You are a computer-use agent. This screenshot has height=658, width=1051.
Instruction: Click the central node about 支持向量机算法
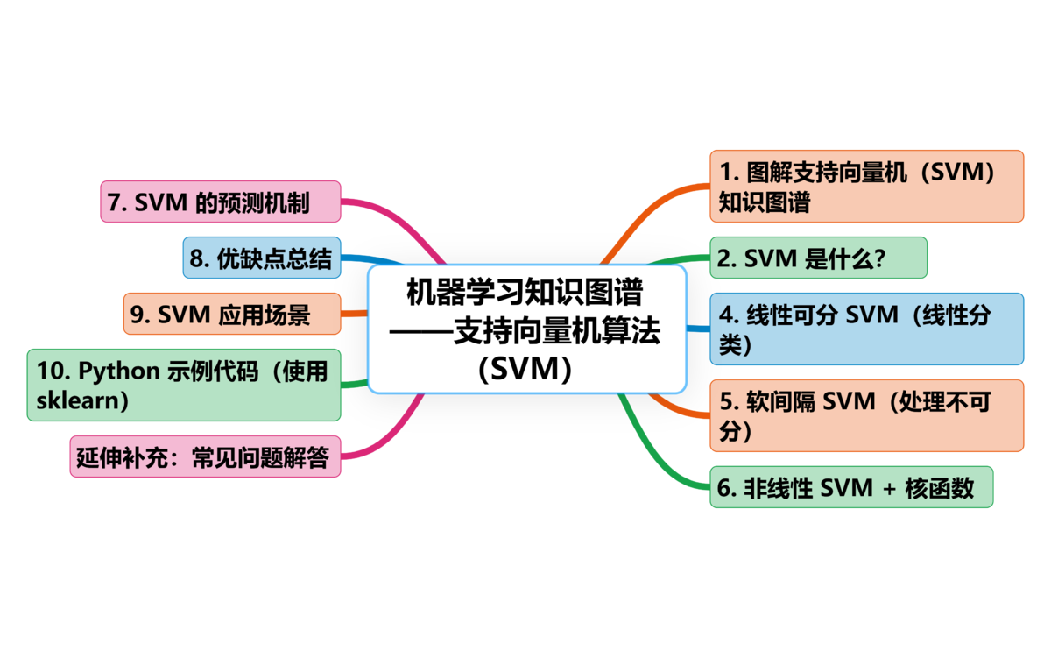526,329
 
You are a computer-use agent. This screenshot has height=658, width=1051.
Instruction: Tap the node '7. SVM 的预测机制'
219,202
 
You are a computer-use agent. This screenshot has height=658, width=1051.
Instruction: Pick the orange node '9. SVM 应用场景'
231,314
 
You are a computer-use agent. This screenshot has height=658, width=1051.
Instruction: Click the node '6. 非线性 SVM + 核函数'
850,487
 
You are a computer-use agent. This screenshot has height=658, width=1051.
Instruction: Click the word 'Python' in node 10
119,371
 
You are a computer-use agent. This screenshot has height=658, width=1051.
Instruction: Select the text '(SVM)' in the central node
525,369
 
